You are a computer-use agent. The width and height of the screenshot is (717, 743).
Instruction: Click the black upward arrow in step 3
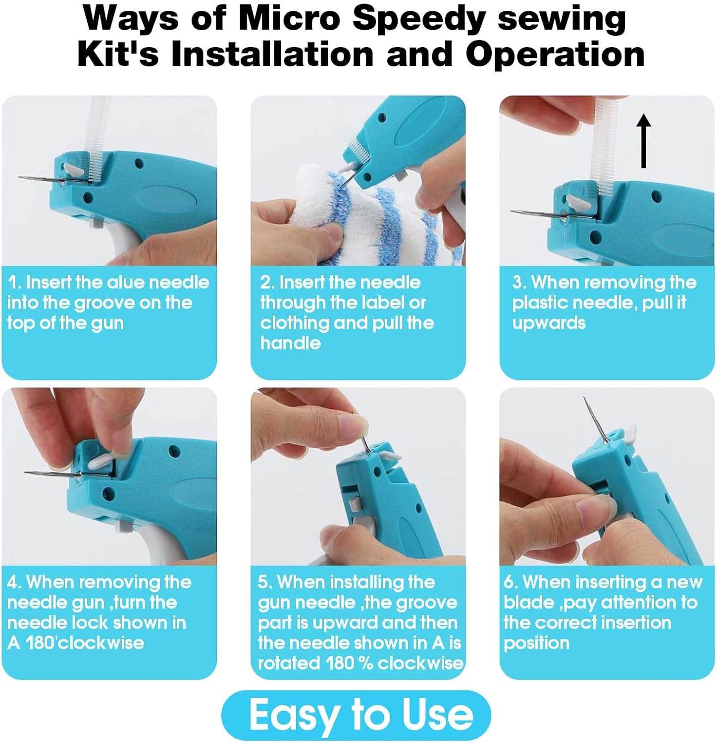tap(643, 141)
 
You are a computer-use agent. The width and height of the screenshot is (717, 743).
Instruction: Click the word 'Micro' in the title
tap(290, 18)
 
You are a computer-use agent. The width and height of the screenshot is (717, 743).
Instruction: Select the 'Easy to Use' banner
tap(356, 715)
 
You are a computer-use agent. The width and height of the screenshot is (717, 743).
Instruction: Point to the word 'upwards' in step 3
tap(549, 323)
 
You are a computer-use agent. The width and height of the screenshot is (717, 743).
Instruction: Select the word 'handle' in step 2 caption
tap(290, 343)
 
